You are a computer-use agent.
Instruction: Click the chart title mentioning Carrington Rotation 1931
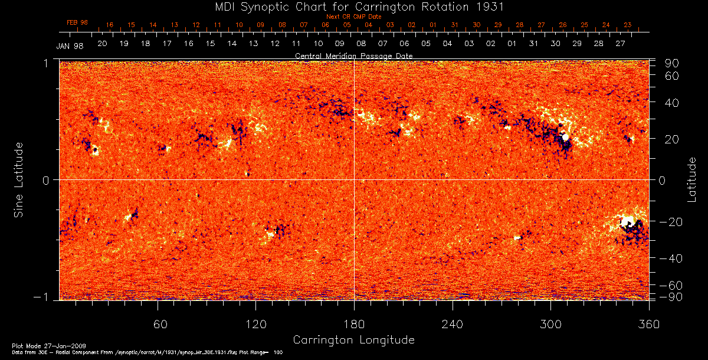pos(353,7)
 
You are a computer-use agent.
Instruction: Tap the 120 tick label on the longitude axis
pos(255,324)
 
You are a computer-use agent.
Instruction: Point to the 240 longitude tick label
pos(452,324)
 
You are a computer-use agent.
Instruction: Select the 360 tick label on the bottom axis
pos(648,324)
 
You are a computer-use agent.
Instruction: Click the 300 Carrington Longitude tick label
pos(550,324)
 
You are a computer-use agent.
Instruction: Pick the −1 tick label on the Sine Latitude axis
pos(45,297)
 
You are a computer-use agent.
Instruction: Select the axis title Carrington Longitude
pos(353,340)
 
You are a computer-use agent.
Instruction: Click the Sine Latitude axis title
pos(19,179)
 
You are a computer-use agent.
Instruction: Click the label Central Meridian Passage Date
pos(353,56)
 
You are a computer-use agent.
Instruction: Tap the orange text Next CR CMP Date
pos(353,17)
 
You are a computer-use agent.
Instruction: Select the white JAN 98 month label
pos(70,46)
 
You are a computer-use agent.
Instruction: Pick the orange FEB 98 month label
pos(77,22)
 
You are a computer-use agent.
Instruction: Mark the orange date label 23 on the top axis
pos(627,25)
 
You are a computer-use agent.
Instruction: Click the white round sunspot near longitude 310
pos(565,138)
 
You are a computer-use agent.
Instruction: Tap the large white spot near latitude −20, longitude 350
pos(627,222)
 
